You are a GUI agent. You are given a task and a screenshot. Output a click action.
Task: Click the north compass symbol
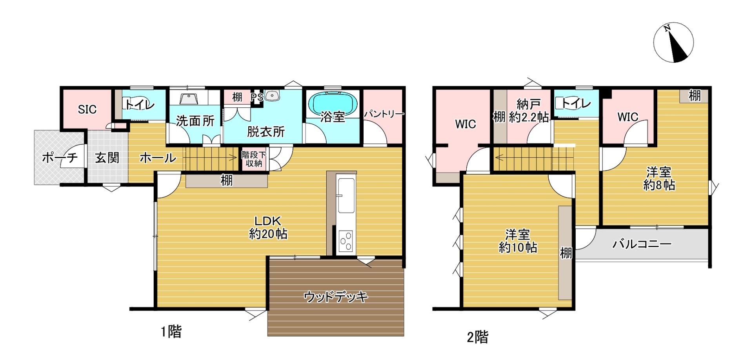coord(673,42)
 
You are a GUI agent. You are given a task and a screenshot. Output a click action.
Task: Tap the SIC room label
coord(87,109)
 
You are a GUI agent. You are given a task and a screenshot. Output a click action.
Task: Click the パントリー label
coord(384,114)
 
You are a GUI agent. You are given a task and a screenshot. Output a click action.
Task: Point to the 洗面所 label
coord(195,121)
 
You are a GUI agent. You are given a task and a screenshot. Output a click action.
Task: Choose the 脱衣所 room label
coord(266,132)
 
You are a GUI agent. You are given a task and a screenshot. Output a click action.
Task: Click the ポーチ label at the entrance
coord(60,158)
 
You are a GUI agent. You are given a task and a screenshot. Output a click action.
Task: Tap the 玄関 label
coord(107,158)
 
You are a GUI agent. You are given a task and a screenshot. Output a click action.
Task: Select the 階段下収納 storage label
coord(254,159)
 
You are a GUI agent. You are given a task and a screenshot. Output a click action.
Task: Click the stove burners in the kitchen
coord(346,241)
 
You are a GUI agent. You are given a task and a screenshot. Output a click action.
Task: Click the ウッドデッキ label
coord(336,297)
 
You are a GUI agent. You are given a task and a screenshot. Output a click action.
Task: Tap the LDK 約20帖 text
coord(268,227)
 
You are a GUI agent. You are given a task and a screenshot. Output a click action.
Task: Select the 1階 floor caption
coord(171,332)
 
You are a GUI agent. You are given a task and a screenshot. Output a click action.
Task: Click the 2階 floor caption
coord(477,337)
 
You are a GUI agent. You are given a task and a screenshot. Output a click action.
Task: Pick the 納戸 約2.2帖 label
coord(529,111)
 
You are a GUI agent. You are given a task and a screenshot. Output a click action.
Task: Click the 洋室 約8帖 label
coord(659,178)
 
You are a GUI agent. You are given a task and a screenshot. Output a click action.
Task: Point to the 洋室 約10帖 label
coord(518,241)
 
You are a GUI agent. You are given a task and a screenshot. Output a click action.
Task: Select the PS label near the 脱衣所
coord(257,97)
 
